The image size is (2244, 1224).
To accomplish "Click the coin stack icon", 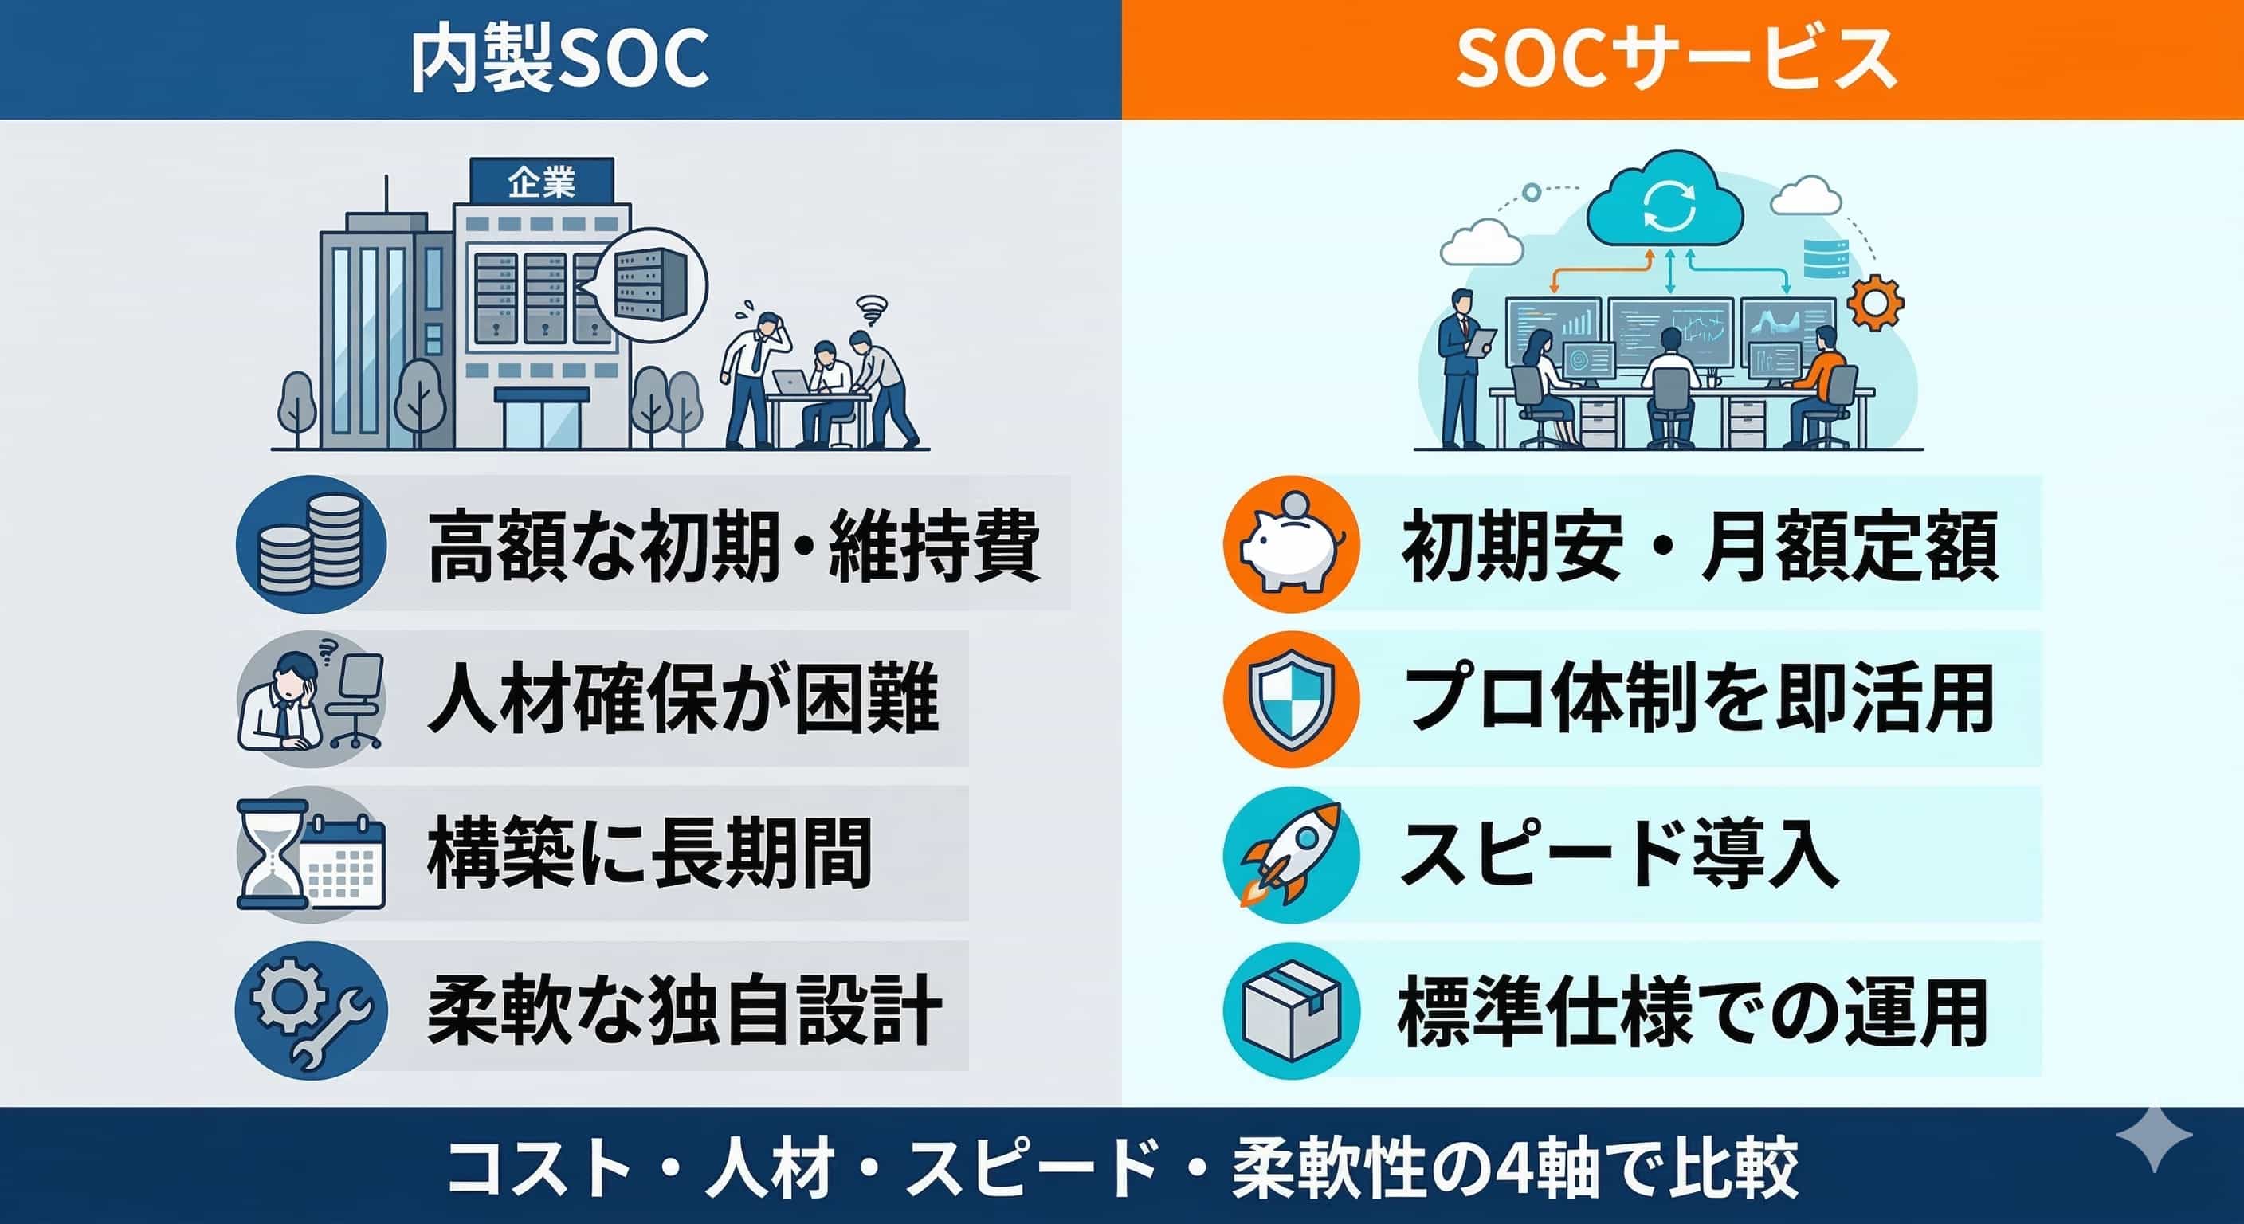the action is click(x=311, y=543).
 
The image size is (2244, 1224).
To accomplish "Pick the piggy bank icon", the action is click(x=1292, y=543).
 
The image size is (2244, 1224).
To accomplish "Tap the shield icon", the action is click(x=1292, y=700).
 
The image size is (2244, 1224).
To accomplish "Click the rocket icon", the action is click(x=1292, y=854).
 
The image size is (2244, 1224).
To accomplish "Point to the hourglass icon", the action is click(x=273, y=854).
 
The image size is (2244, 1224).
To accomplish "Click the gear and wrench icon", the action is click(x=311, y=1010).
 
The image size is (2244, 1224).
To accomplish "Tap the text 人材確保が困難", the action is click(x=683, y=700).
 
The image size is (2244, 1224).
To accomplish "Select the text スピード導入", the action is click(x=1619, y=854).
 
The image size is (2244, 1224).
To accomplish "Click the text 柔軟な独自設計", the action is click(x=685, y=1010).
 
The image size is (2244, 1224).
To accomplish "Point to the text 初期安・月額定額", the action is click(x=1700, y=545).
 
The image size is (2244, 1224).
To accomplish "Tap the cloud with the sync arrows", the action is click(x=1665, y=210).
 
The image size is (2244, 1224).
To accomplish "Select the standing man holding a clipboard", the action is click(x=1464, y=367).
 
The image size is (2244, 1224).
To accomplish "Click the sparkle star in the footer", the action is click(x=2153, y=1138).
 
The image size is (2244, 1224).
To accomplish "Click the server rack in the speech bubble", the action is click(x=650, y=283).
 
